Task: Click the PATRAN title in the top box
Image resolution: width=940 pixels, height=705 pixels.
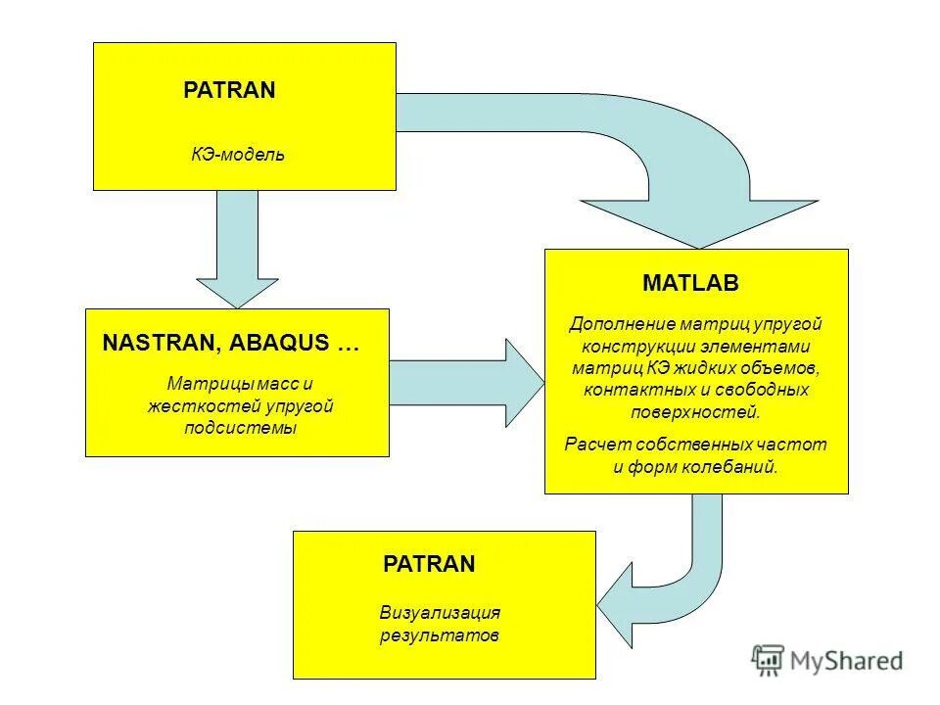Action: point(229,91)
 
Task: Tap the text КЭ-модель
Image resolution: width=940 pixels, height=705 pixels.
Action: point(238,155)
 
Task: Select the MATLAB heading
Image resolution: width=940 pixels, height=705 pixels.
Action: point(690,284)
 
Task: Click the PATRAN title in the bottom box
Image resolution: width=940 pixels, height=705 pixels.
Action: point(429,564)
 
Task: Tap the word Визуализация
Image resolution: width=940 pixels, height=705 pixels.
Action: point(440,613)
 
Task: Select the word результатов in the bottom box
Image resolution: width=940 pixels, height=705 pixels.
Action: point(440,634)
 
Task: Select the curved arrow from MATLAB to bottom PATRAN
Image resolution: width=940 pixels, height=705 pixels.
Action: point(676,578)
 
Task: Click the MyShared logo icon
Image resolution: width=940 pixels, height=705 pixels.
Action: point(769,661)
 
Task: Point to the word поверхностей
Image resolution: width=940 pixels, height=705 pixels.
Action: point(696,412)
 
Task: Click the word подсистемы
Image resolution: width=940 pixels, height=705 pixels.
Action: point(241,428)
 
